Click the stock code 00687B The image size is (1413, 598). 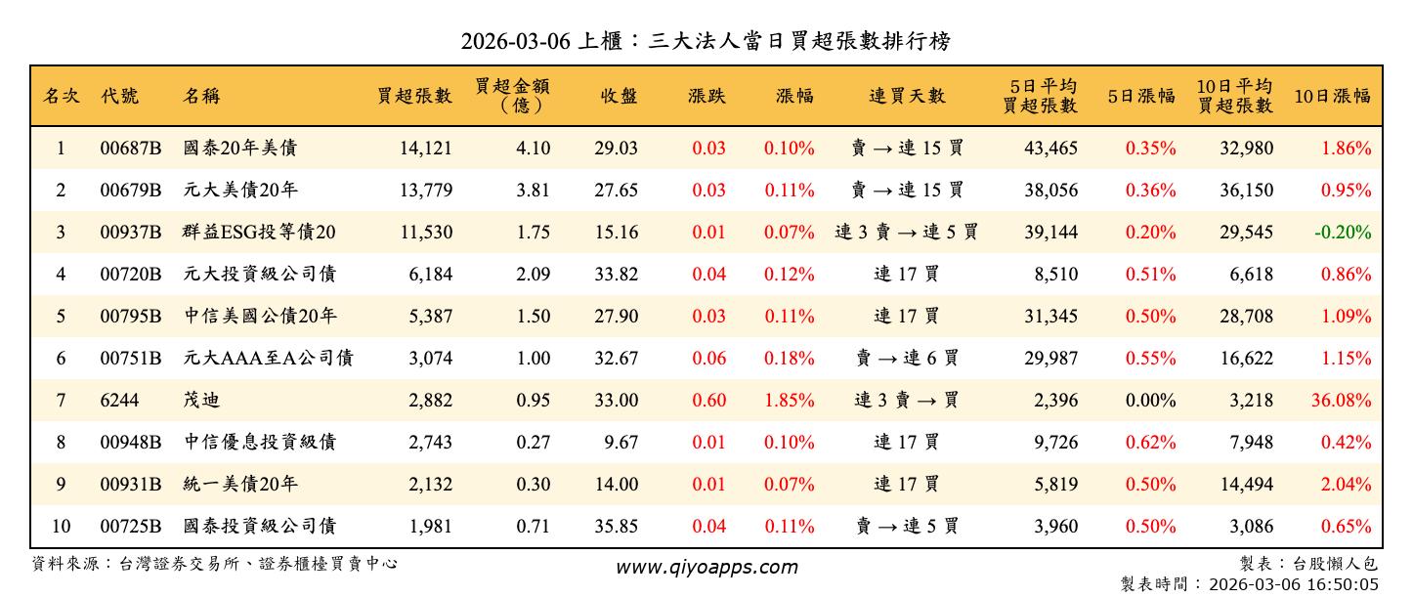coord(130,149)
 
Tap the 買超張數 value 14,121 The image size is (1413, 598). coord(426,149)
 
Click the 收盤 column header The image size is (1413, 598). coord(619,96)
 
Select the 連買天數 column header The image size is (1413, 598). coord(907,96)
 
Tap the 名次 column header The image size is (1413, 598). coord(61,96)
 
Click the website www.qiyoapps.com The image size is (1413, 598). coord(706,567)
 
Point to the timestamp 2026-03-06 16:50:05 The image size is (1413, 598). coord(1293,584)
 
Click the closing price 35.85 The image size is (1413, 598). coord(616,527)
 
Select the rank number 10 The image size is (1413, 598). coord(61,527)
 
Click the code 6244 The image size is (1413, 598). coord(119,401)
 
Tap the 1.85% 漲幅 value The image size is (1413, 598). coord(790,401)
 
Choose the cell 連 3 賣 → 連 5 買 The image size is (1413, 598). coord(907,233)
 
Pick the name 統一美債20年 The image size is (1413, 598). coord(240,485)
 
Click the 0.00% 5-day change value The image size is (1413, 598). coord(1150,401)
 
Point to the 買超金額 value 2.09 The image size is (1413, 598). coord(533,275)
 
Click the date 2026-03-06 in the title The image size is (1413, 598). coord(518,41)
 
